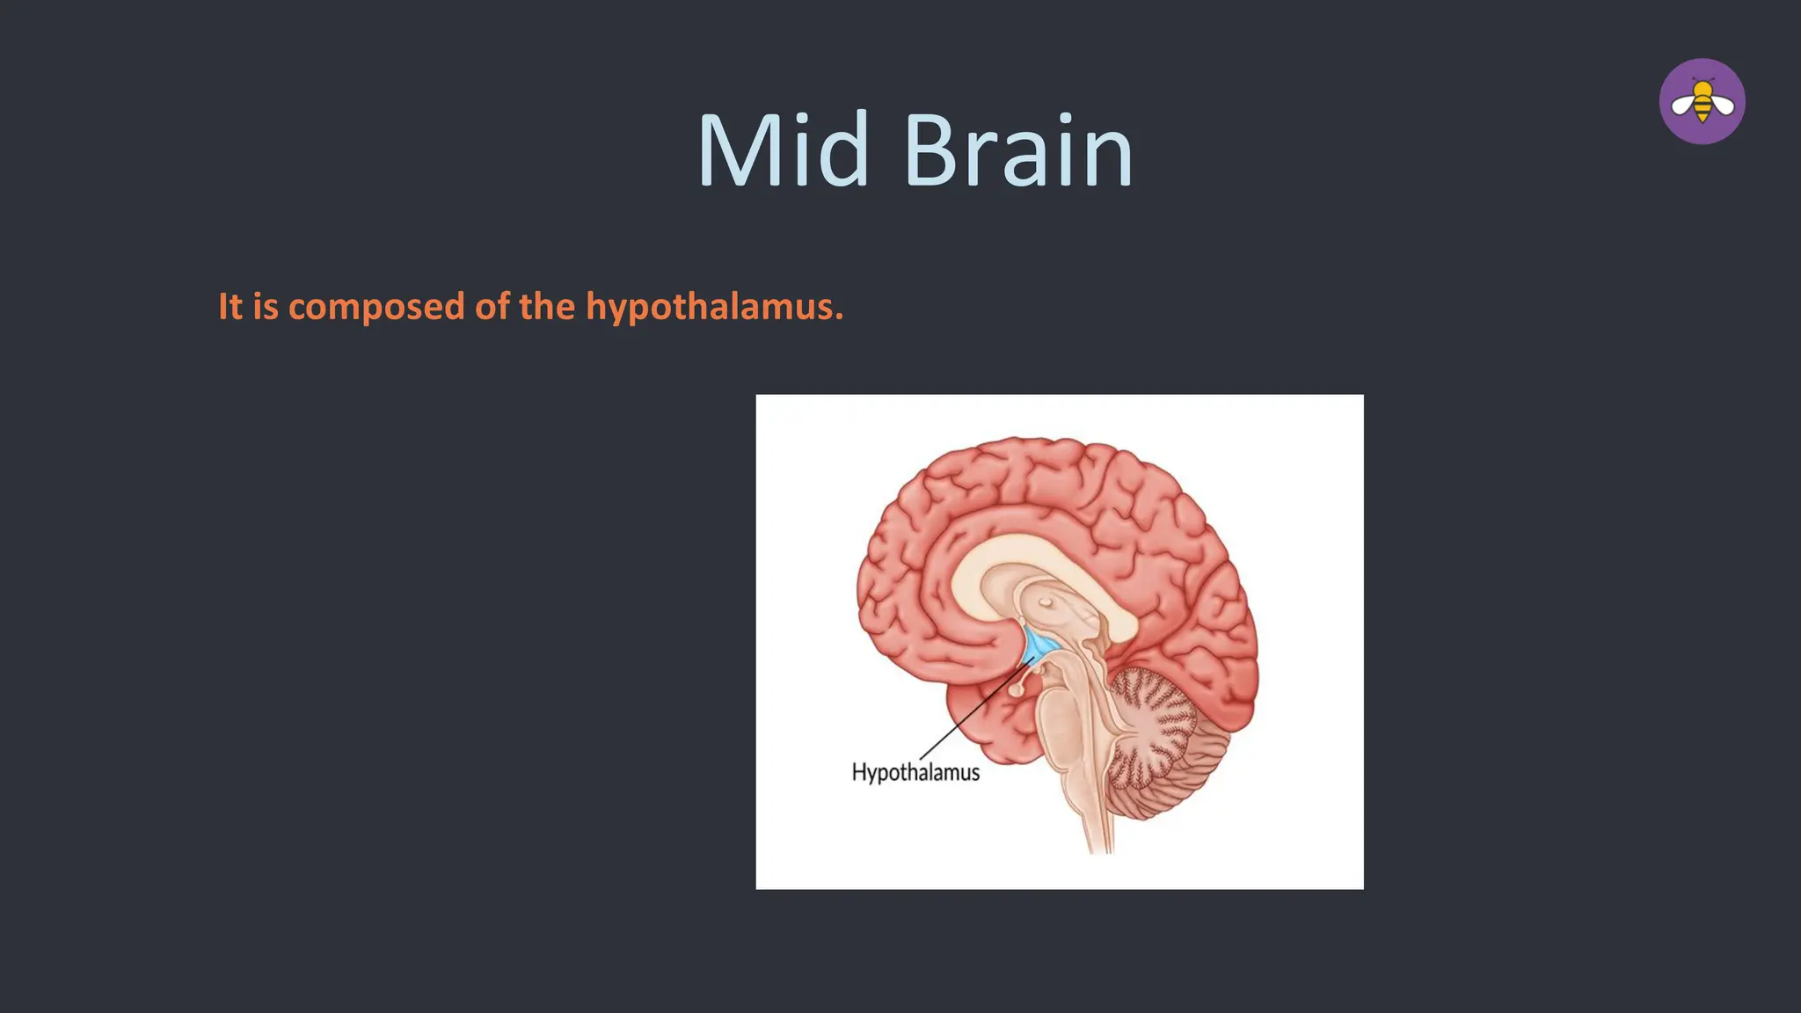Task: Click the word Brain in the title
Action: coord(1017,151)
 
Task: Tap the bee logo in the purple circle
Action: coord(1702,102)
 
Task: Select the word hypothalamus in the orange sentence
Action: coord(714,307)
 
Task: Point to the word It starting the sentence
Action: coord(230,307)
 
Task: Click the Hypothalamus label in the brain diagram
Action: coord(915,773)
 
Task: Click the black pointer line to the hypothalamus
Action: coord(976,708)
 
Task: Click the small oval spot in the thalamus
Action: coord(1046,602)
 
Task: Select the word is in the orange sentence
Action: coord(265,307)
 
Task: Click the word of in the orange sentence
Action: coord(492,307)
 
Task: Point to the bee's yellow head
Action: coord(1703,88)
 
